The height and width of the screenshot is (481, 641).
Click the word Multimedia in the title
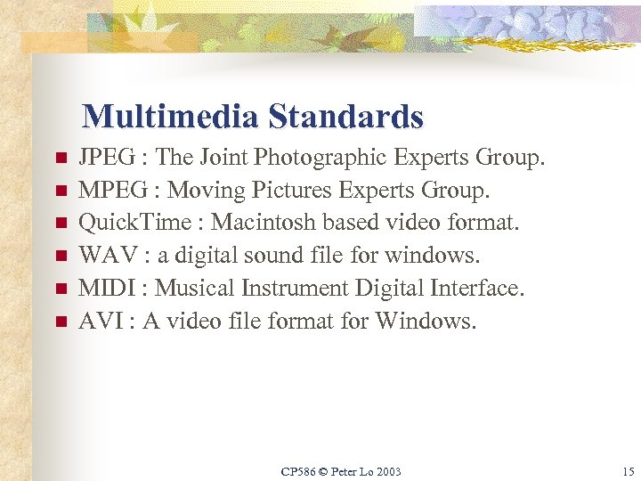coord(170,117)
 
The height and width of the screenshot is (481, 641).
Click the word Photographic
coord(322,159)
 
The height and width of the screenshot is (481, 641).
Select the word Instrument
coord(296,289)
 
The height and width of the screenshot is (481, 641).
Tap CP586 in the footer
coord(297,471)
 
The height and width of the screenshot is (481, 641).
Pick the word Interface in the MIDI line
coord(480,289)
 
